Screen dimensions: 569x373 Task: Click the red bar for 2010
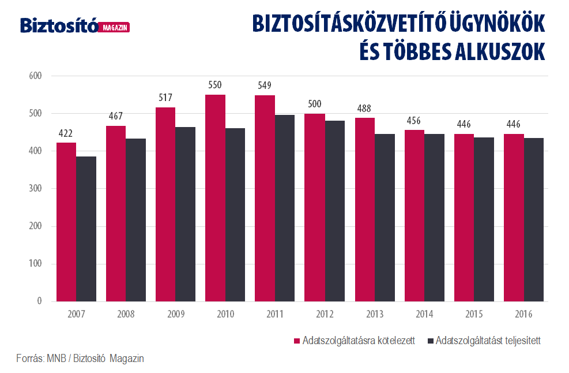pos(215,198)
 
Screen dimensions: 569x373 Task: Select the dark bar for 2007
pos(86,229)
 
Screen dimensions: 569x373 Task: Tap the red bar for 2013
pos(365,210)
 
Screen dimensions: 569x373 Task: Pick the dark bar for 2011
pos(285,208)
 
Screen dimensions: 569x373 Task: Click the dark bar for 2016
pos(534,220)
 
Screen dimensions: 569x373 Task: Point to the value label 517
pos(165,98)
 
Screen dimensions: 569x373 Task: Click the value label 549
pos(265,85)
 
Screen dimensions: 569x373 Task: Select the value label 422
pos(66,134)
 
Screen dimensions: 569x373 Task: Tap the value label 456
pos(414,121)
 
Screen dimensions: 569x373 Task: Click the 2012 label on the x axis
pos(325,314)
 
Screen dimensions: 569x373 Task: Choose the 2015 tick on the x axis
pos(474,314)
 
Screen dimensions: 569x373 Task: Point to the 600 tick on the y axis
pos(35,76)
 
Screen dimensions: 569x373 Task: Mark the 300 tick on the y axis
pos(35,189)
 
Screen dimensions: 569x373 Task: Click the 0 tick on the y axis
pos(39,301)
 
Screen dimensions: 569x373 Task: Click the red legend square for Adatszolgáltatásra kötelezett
pos(297,341)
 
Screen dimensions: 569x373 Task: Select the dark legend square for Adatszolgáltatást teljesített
pos(431,341)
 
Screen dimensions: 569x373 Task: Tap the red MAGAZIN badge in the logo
pos(114,28)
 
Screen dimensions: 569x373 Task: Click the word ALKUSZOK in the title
pos(500,51)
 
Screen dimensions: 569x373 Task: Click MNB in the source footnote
pos(56,359)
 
